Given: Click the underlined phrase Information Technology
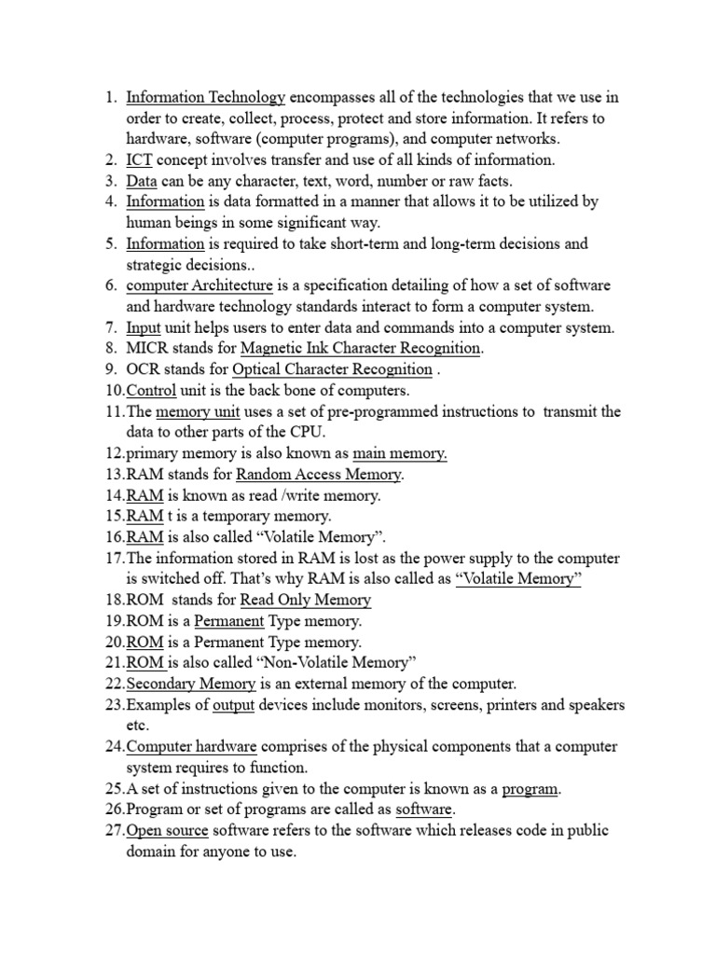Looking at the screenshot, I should [205, 97].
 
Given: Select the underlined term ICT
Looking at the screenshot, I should [140, 159].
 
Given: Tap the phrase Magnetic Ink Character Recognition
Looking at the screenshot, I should [361, 348].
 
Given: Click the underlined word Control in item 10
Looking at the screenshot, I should [151, 390].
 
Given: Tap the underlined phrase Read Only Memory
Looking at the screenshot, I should [305, 600].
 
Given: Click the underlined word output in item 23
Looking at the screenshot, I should [233, 704].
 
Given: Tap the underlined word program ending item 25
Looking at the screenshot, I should [530, 788].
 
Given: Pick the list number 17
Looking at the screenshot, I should [115, 558].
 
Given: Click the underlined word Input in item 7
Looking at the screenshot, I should [144, 327].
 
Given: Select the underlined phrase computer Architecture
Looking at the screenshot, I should [200, 285].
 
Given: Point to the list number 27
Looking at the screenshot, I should [115, 830].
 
